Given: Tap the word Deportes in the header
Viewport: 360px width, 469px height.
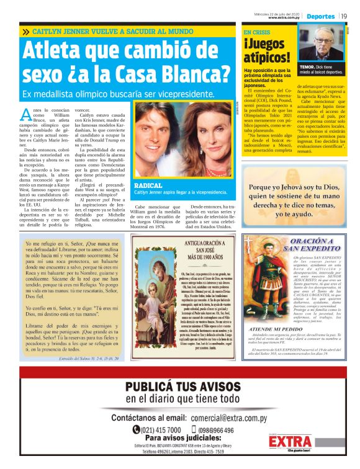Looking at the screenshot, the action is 321,16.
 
